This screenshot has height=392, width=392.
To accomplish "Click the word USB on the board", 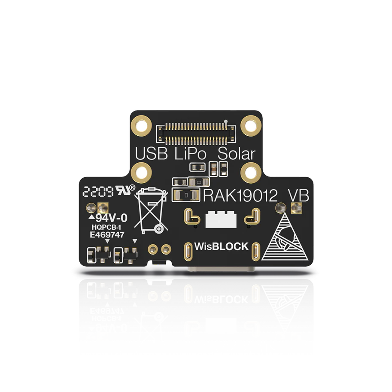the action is tap(151, 154).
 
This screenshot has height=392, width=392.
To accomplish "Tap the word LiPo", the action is tap(190, 154).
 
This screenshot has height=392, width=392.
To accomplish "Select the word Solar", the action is tap(237, 154).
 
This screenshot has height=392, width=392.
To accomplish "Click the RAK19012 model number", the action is tap(240, 196).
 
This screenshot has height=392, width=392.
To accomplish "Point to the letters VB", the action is tap(299, 196).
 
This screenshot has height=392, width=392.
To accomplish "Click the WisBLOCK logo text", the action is tap(221, 246).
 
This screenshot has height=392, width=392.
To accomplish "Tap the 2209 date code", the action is tap(98, 192).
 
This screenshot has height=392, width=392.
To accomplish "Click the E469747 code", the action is tap(107, 235).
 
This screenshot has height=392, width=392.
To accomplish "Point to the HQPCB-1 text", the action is tap(106, 227).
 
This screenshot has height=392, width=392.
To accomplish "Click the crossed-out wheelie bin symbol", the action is tap(151, 210).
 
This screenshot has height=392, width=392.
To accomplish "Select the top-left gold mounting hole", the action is tap(142, 126).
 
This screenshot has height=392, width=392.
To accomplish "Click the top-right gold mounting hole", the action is tap(251, 126).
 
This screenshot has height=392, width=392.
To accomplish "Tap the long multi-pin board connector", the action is tap(196, 134).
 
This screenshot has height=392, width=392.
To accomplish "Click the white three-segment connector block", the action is tap(221, 219).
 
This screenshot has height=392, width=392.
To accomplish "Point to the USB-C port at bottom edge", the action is tap(222, 269).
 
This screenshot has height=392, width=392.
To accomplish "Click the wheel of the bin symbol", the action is tap(158, 229).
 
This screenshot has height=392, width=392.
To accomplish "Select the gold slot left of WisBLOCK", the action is tap(188, 251).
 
